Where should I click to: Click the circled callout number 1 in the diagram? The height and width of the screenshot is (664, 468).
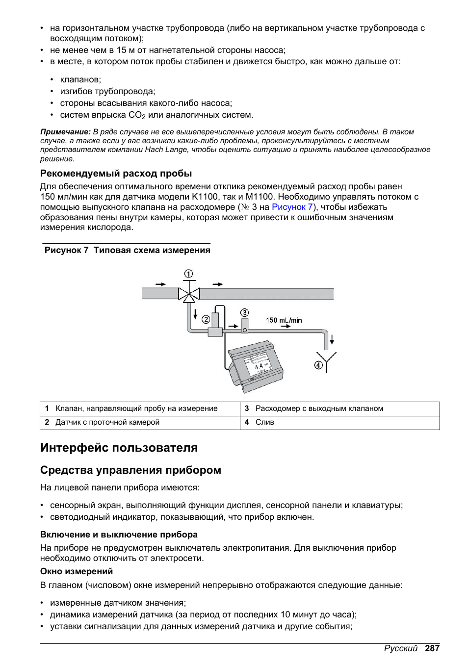[x=188, y=274]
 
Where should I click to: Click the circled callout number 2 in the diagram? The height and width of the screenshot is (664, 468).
[x=206, y=319]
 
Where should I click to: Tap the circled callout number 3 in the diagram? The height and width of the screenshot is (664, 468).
[x=244, y=313]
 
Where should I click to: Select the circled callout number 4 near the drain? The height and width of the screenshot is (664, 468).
[x=318, y=365]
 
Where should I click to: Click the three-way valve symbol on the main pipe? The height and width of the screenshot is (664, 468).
[x=188, y=294]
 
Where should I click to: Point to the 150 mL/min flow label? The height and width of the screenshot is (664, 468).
[x=284, y=320]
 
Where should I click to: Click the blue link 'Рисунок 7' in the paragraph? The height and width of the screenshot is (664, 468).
[x=292, y=207]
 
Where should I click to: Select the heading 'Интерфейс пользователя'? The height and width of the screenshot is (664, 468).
[x=119, y=448]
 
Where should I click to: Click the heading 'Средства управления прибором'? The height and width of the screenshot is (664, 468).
[x=130, y=470]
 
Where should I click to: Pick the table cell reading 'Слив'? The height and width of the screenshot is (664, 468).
[x=264, y=422]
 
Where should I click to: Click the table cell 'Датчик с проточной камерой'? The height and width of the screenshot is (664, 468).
[x=107, y=422]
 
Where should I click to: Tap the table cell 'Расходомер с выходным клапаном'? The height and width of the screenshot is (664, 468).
[x=319, y=409]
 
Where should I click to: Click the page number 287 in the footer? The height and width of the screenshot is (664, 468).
[x=432, y=648]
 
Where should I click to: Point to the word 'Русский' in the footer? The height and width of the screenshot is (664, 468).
[x=400, y=648]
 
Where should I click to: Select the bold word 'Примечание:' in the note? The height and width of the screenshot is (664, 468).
[x=65, y=132]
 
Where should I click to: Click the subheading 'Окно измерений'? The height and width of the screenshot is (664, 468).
[x=77, y=571]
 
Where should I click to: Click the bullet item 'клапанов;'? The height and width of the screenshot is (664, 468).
[x=80, y=79]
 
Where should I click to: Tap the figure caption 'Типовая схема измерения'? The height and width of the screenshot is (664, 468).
[x=152, y=250]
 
